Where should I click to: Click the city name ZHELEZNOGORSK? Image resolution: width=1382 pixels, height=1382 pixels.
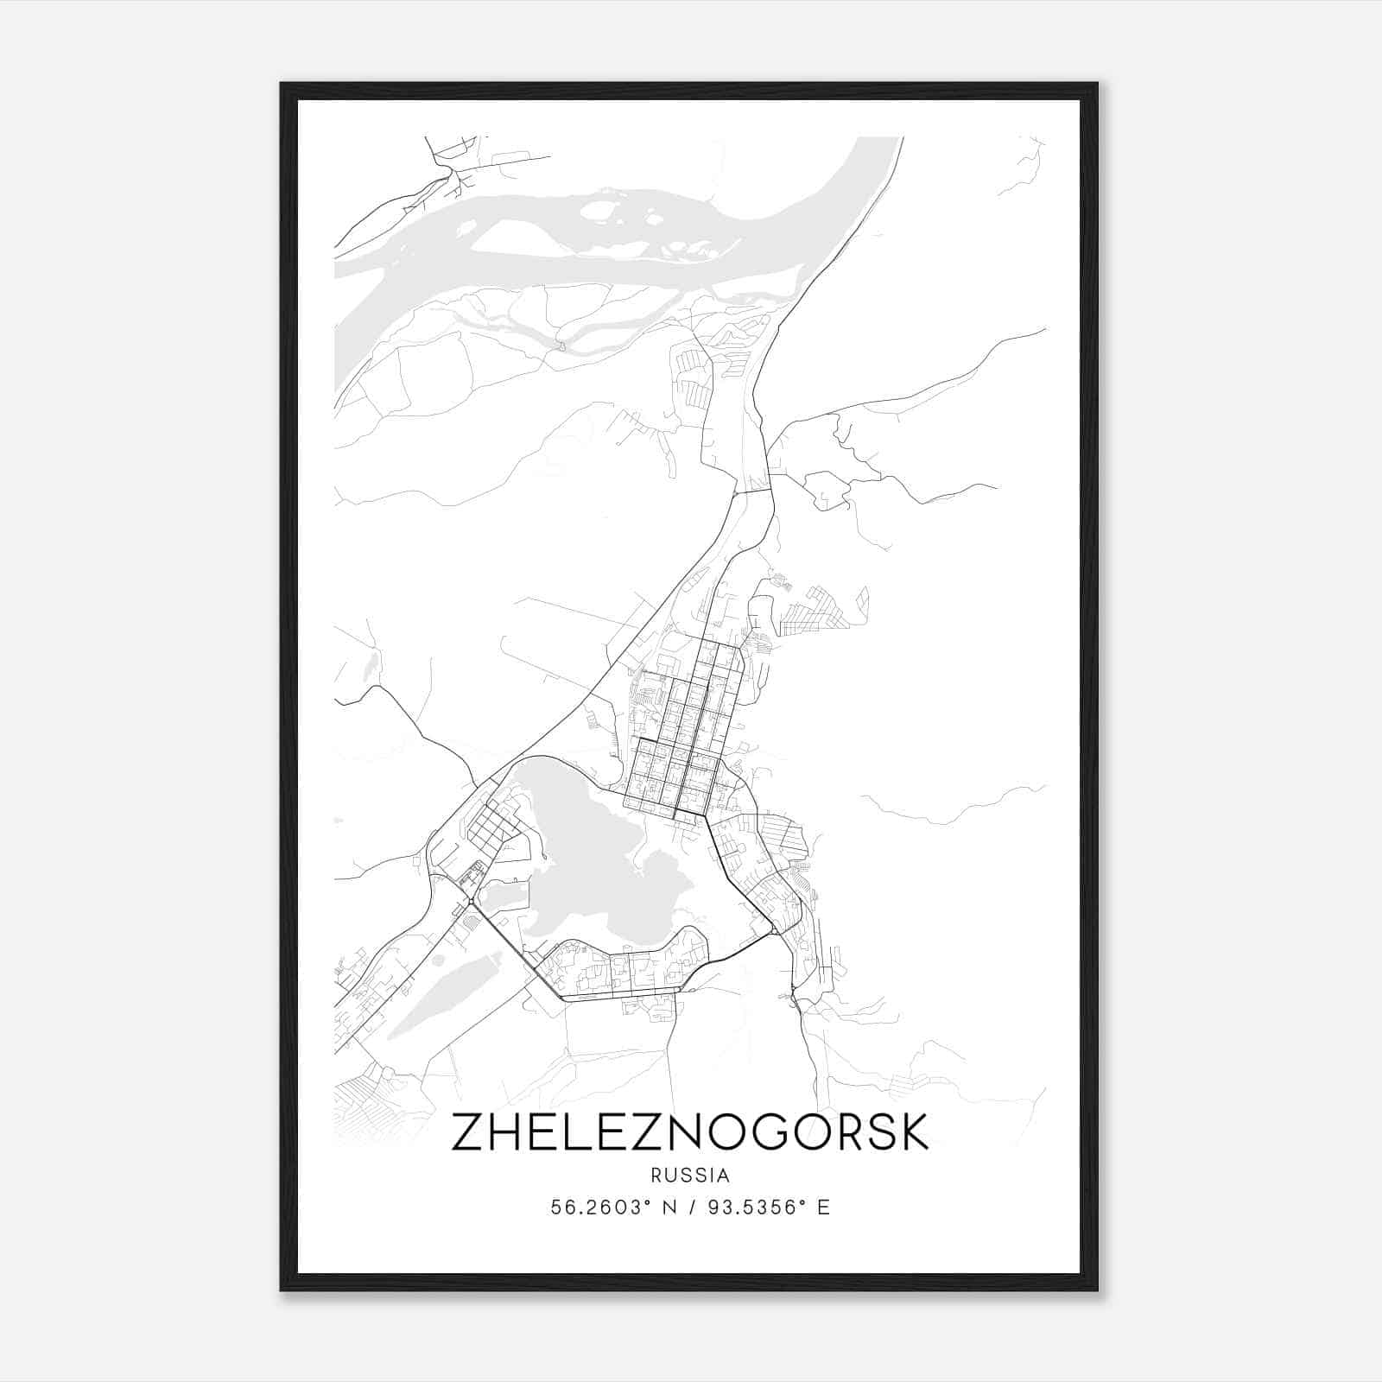(x=689, y=1132)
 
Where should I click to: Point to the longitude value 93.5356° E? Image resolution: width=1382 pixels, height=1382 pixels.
(x=769, y=1208)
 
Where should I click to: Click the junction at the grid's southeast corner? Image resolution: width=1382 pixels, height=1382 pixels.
(x=707, y=815)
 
